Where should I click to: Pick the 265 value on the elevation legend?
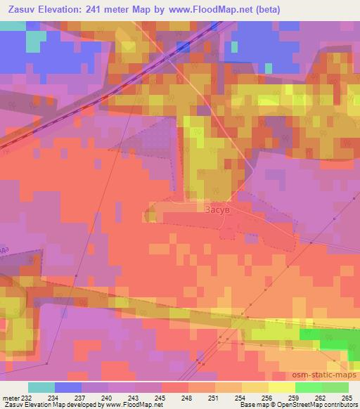click(x=347, y=397)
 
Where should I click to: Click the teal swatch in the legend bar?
click(x=41, y=387)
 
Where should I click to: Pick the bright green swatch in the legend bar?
click(x=308, y=387)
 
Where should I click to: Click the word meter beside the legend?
click(x=10, y=397)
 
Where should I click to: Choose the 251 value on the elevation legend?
click(x=212, y=397)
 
